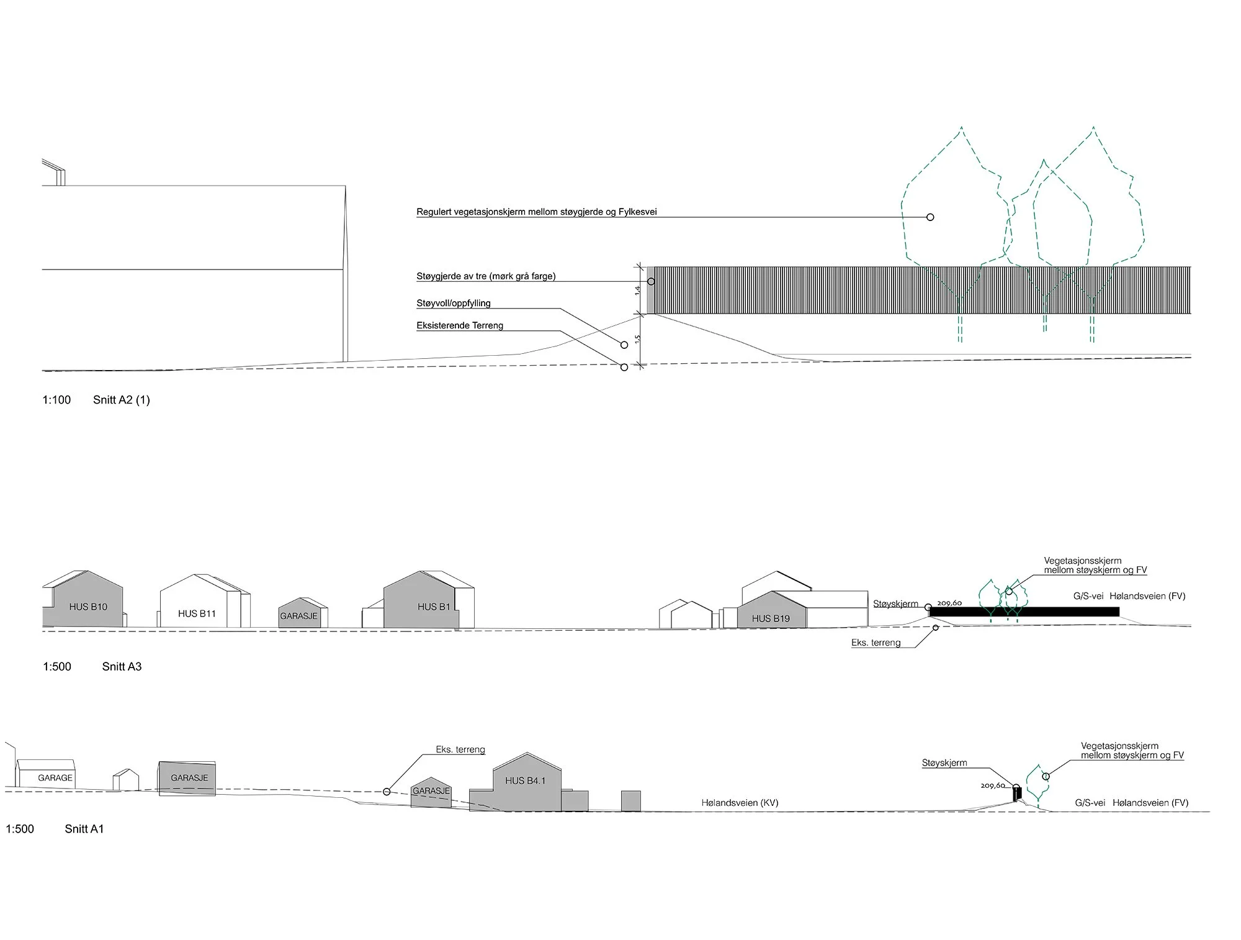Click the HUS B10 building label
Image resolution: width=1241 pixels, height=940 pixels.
click(x=88, y=607)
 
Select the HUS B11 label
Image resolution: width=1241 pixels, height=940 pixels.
click(x=197, y=613)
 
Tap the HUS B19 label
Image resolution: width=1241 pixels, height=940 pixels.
click(x=771, y=618)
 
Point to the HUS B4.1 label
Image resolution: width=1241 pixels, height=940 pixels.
click(x=526, y=780)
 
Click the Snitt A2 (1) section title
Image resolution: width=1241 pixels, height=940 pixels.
click(x=122, y=400)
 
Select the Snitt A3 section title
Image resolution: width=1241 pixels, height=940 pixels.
click(x=122, y=667)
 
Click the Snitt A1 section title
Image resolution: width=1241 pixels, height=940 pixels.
click(x=84, y=829)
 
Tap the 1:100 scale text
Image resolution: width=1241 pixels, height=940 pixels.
click(x=56, y=400)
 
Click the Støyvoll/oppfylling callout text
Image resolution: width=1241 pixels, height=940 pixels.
click(x=454, y=304)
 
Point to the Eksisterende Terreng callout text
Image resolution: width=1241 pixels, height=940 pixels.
click(x=460, y=325)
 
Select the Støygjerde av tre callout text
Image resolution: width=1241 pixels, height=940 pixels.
click(x=486, y=276)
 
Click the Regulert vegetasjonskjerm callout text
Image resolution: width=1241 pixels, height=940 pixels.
click(x=537, y=212)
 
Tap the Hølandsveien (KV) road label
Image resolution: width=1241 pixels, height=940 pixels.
click(x=740, y=803)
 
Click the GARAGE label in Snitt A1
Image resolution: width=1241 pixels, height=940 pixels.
click(x=55, y=778)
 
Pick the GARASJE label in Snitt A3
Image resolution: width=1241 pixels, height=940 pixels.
click(x=298, y=617)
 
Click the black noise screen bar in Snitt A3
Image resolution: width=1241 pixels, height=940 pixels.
click(x=1024, y=612)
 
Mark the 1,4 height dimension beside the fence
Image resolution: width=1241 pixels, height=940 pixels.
click(x=638, y=290)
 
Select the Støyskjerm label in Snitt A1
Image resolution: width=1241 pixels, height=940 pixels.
click(x=944, y=763)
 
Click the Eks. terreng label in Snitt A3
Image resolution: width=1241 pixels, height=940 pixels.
click(x=876, y=643)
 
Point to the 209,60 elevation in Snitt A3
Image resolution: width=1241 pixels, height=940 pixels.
click(x=949, y=603)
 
